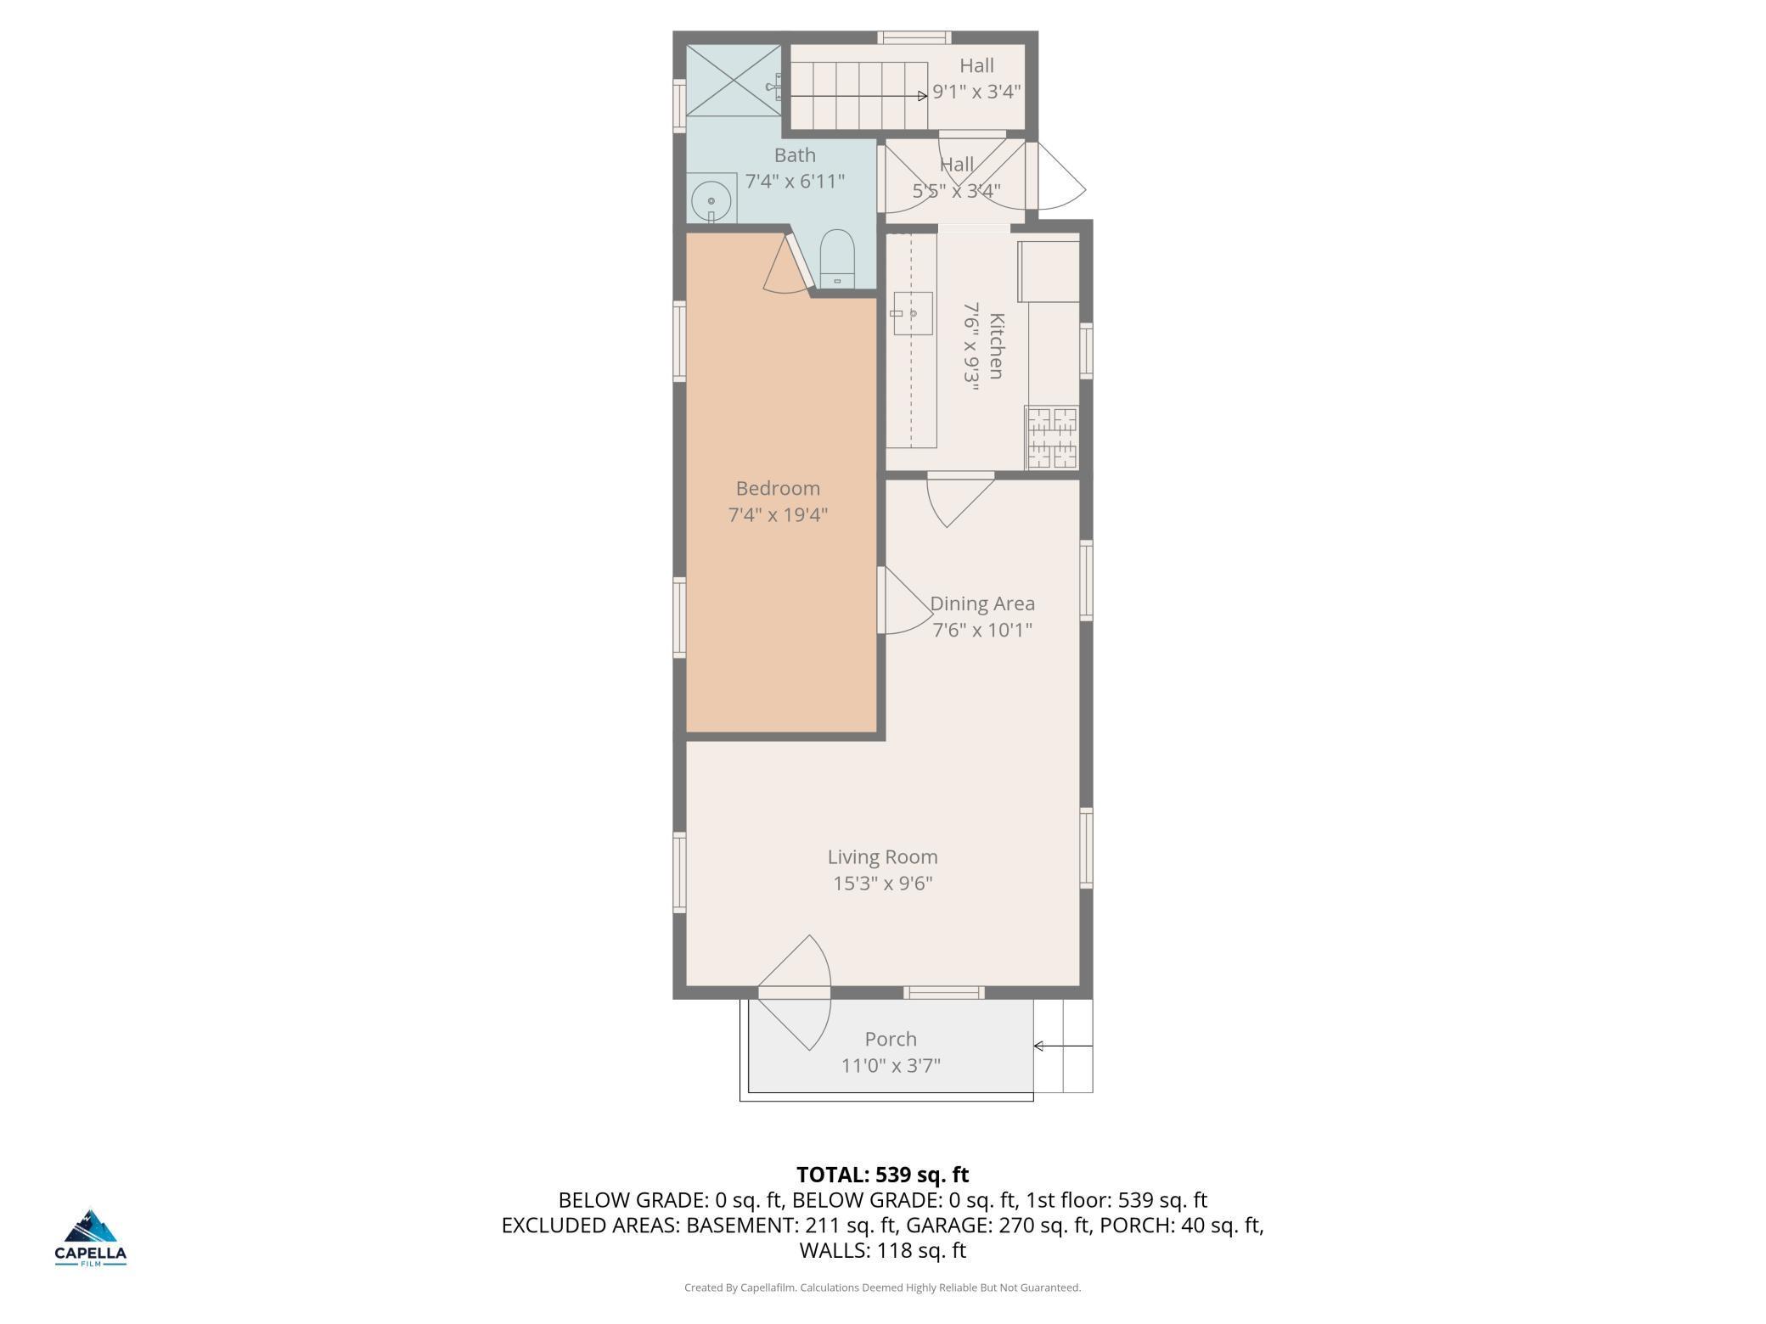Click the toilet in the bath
[x=837, y=258]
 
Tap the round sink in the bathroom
[x=711, y=201]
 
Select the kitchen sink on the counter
[x=913, y=313]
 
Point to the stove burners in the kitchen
[x=1053, y=437]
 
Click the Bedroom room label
[x=778, y=488]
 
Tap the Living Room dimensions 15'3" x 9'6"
[x=883, y=884]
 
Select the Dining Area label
[x=982, y=603]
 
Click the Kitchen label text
[x=997, y=346]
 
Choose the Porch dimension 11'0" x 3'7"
[x=891, y=1065]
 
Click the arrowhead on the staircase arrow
[x=923, y=96]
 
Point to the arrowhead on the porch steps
[x=1038, y=1046]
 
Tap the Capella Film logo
[x=91, y=1237]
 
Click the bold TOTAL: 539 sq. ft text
[x=883, y=1175]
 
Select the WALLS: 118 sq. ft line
[x=883, y=1250]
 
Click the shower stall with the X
[x=734, y=81]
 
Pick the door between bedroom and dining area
[x=906, y=600]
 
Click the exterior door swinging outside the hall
[x=1056, y=175]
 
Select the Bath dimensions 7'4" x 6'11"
[x=795, y=181]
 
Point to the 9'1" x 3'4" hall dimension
[x=976, y=92]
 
